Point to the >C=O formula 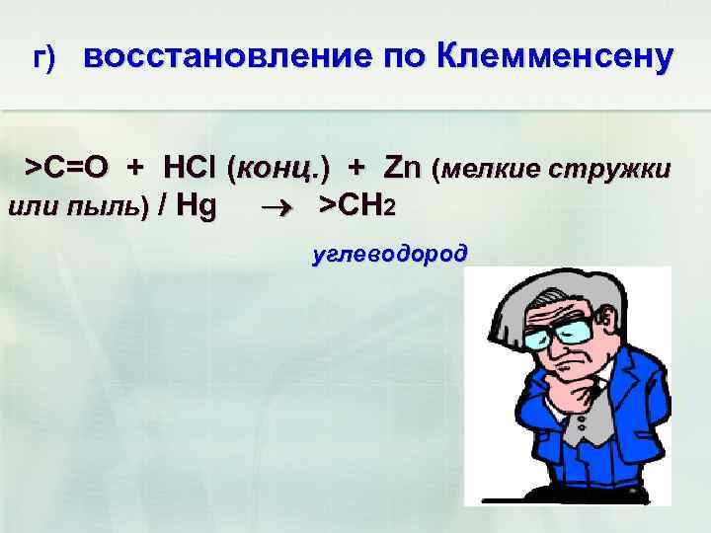pyautogui.click(x=59, y=169)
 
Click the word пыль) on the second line pyautogui.click(x=108, y=208)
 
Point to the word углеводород pyautogui.click(x=389, y=255)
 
